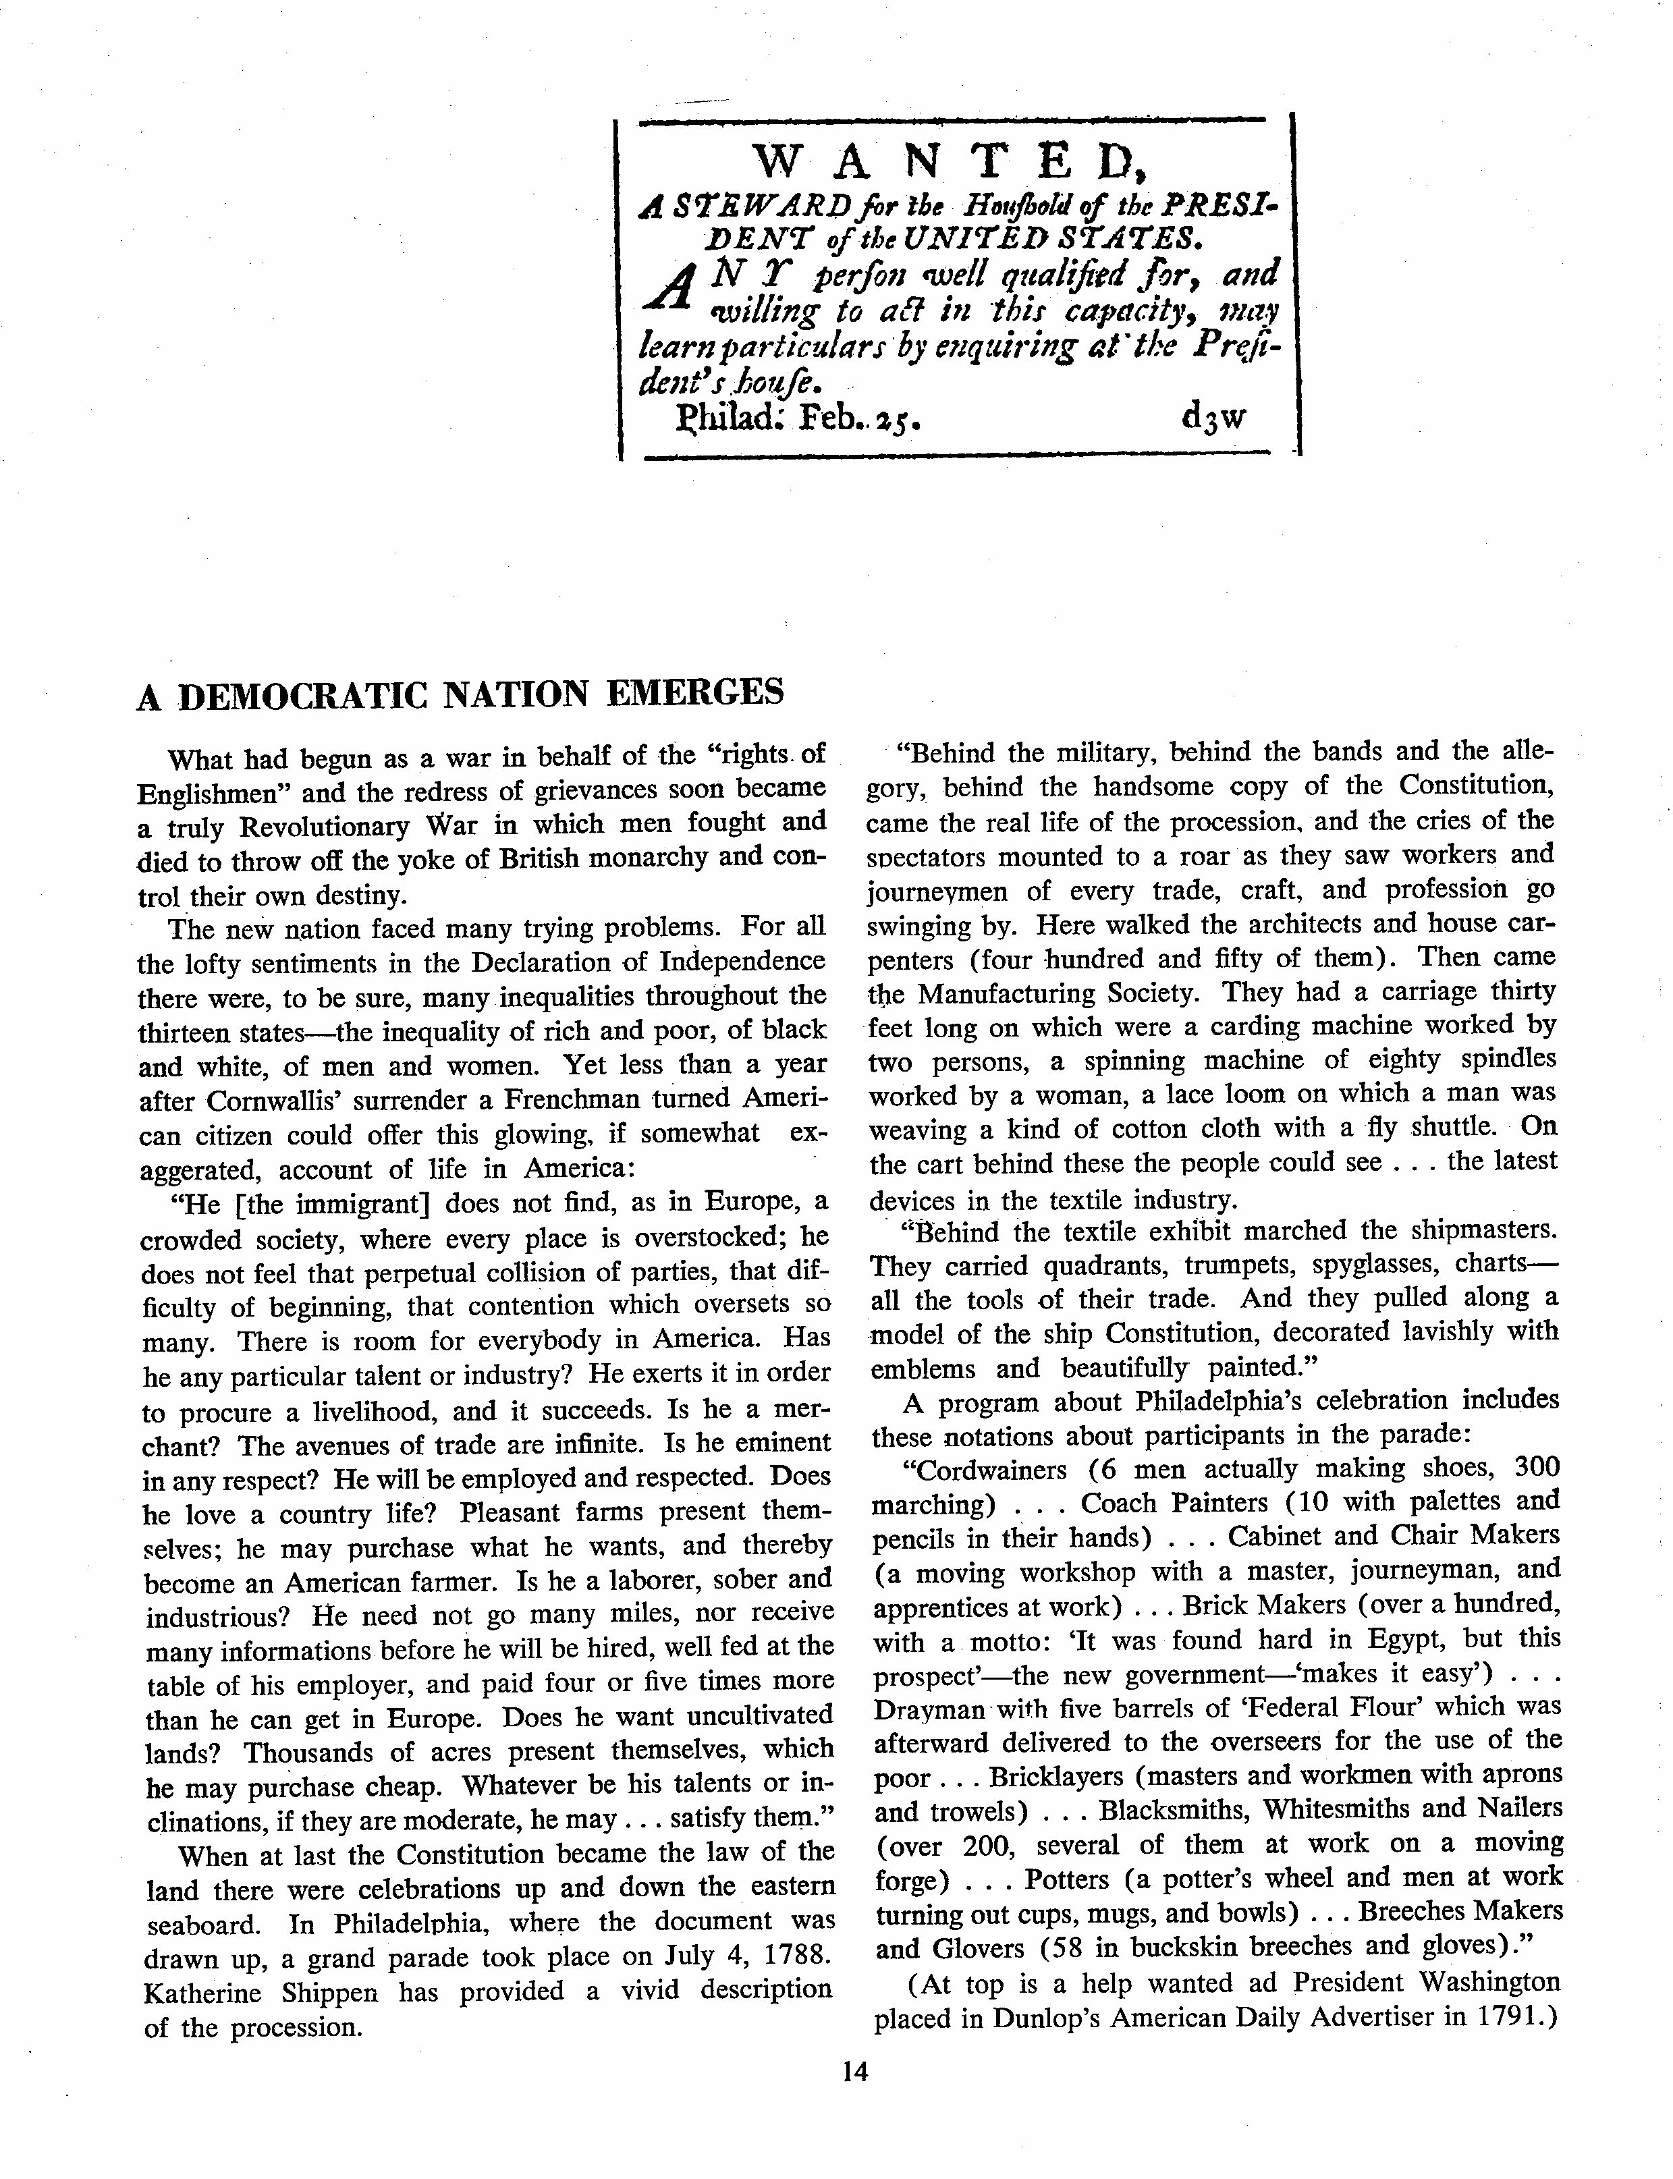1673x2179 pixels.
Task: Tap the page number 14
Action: (854, 2072)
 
